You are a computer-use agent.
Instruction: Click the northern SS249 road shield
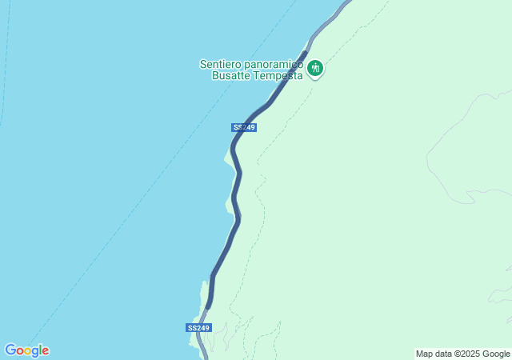(x=244, y=128)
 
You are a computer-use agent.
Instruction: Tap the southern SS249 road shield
(x=198, y=328)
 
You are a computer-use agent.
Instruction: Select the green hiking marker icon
(x=316, y=69)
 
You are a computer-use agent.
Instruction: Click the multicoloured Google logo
(x=26, y=350)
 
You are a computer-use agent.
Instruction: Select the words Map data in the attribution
(x=434, y=354)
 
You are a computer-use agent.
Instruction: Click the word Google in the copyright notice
(x=496, y=354)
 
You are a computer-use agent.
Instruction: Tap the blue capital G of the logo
(x=10, y=350)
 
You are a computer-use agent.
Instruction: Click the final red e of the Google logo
(x=46, y=351)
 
